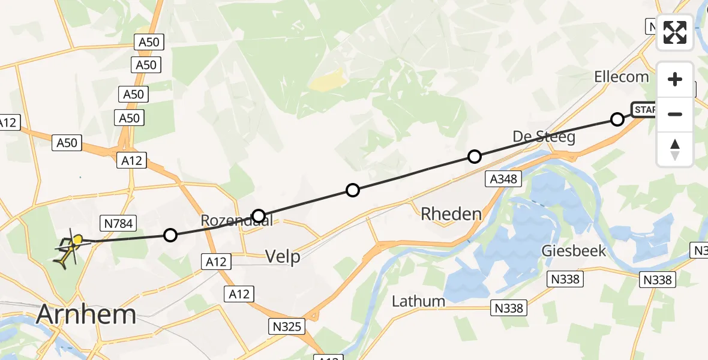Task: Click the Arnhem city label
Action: [86, 314]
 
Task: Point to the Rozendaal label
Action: [236, 221]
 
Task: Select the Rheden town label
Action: [451, 214]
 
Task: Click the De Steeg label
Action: [544, 137]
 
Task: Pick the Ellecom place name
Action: [621, 77]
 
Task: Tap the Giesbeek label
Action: [573, 251]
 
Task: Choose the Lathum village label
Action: [418, 301]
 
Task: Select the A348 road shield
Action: [503, 178]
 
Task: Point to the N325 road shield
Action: [287, 326]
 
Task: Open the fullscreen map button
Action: [675, 32]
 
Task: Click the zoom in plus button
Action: [675, 79]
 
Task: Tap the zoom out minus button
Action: [675, 114]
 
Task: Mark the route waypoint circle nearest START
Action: [617, 119]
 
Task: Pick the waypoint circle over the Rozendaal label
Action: [259, 216]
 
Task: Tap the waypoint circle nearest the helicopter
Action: [170, 235]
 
